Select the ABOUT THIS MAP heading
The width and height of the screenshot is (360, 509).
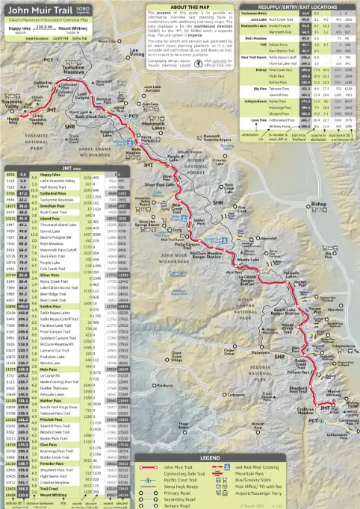[x=183, y=6]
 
